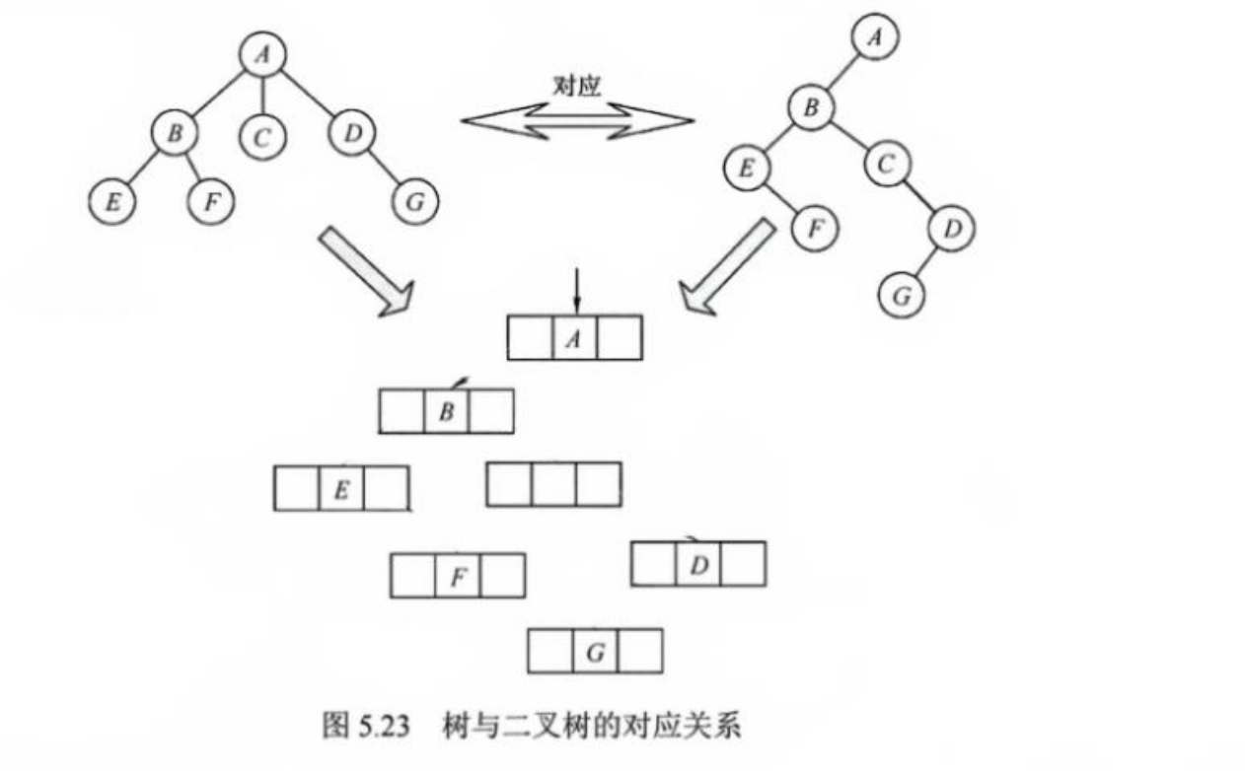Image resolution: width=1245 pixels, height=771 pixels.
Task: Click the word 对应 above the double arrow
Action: pyautogui.click(x=577, y=87)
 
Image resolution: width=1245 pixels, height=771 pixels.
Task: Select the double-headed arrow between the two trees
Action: pyautogui.click(x=577, y=121)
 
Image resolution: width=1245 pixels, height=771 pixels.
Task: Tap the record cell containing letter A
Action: pyautogui.click(x=575, y=338)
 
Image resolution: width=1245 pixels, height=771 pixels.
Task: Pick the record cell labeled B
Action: pyautogui.click(x=446, y=412)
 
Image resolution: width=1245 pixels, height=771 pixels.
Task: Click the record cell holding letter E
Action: pyautogui.click(x=340, y=488)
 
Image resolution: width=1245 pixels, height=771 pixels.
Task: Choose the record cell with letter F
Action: pyautogui.click(x=458, y=576)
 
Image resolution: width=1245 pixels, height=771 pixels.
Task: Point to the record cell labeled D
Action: pyautogui.click(x=698, y=564)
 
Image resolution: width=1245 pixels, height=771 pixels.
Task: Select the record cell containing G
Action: pyautogui.click(x=595, y=652)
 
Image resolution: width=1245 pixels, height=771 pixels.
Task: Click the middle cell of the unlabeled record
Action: pyautogui.click(x=553, y=484)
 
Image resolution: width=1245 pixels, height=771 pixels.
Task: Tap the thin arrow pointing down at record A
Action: pyautogui.click(x=577, y=293)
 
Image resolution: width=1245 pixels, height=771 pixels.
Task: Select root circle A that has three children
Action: pyautogui.click(x=261, y=55)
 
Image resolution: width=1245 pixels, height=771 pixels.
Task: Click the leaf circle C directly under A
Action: pyautogui.click(x=261, y=137)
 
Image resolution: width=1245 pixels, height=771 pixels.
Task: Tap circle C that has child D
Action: pyautogui.click(x=886, y=164)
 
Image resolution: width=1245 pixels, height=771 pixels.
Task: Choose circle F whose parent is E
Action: pyautogui.click(x=815, y=228)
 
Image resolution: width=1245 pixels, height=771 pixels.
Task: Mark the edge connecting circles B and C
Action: pyautogui.click(x=849, y=134)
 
